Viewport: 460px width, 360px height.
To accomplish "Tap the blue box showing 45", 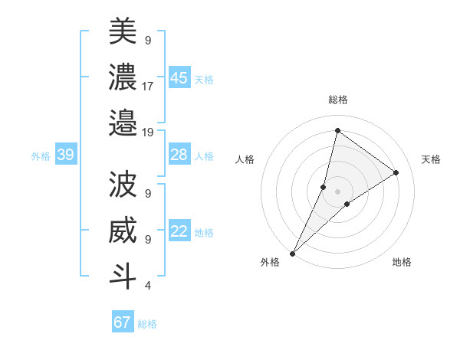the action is (179, 78).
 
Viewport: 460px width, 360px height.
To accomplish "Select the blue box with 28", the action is (179, 155).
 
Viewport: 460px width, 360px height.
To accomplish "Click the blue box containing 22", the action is (179, 231).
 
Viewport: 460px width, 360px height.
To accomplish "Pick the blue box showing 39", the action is (66, 155).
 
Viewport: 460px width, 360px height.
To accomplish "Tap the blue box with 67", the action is (123, 322).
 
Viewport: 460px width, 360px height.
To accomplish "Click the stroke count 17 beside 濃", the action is (148, 86).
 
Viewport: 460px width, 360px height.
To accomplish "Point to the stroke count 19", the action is (148, 132).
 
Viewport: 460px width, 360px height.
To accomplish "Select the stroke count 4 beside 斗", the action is (147, 286).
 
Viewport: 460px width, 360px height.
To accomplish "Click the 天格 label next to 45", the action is (204, 80).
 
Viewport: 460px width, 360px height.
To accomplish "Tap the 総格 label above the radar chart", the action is (337, 100).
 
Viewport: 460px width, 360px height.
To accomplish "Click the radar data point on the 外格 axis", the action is (293, 253).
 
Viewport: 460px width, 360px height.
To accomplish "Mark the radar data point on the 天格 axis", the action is (396, 172).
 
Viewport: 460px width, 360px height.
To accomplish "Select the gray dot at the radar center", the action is (337, 191).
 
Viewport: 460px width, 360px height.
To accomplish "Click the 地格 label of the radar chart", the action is (402, 262).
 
